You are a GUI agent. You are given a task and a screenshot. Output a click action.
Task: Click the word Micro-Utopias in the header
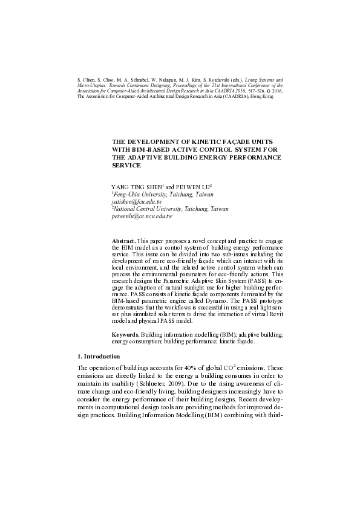coord(91,85)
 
